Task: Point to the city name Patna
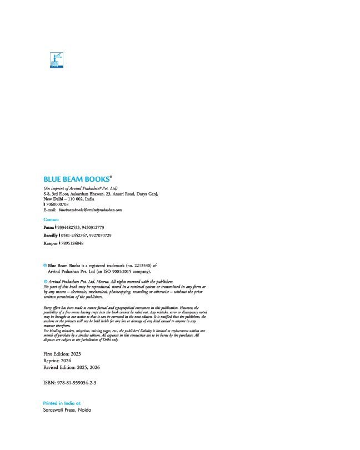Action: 50,228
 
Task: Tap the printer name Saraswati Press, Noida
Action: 67,410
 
